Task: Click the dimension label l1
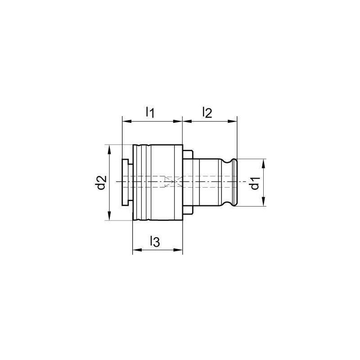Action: tap(150, 112)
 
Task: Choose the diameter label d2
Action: tap(101, 182)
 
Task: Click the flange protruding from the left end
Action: tap(127, 182)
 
